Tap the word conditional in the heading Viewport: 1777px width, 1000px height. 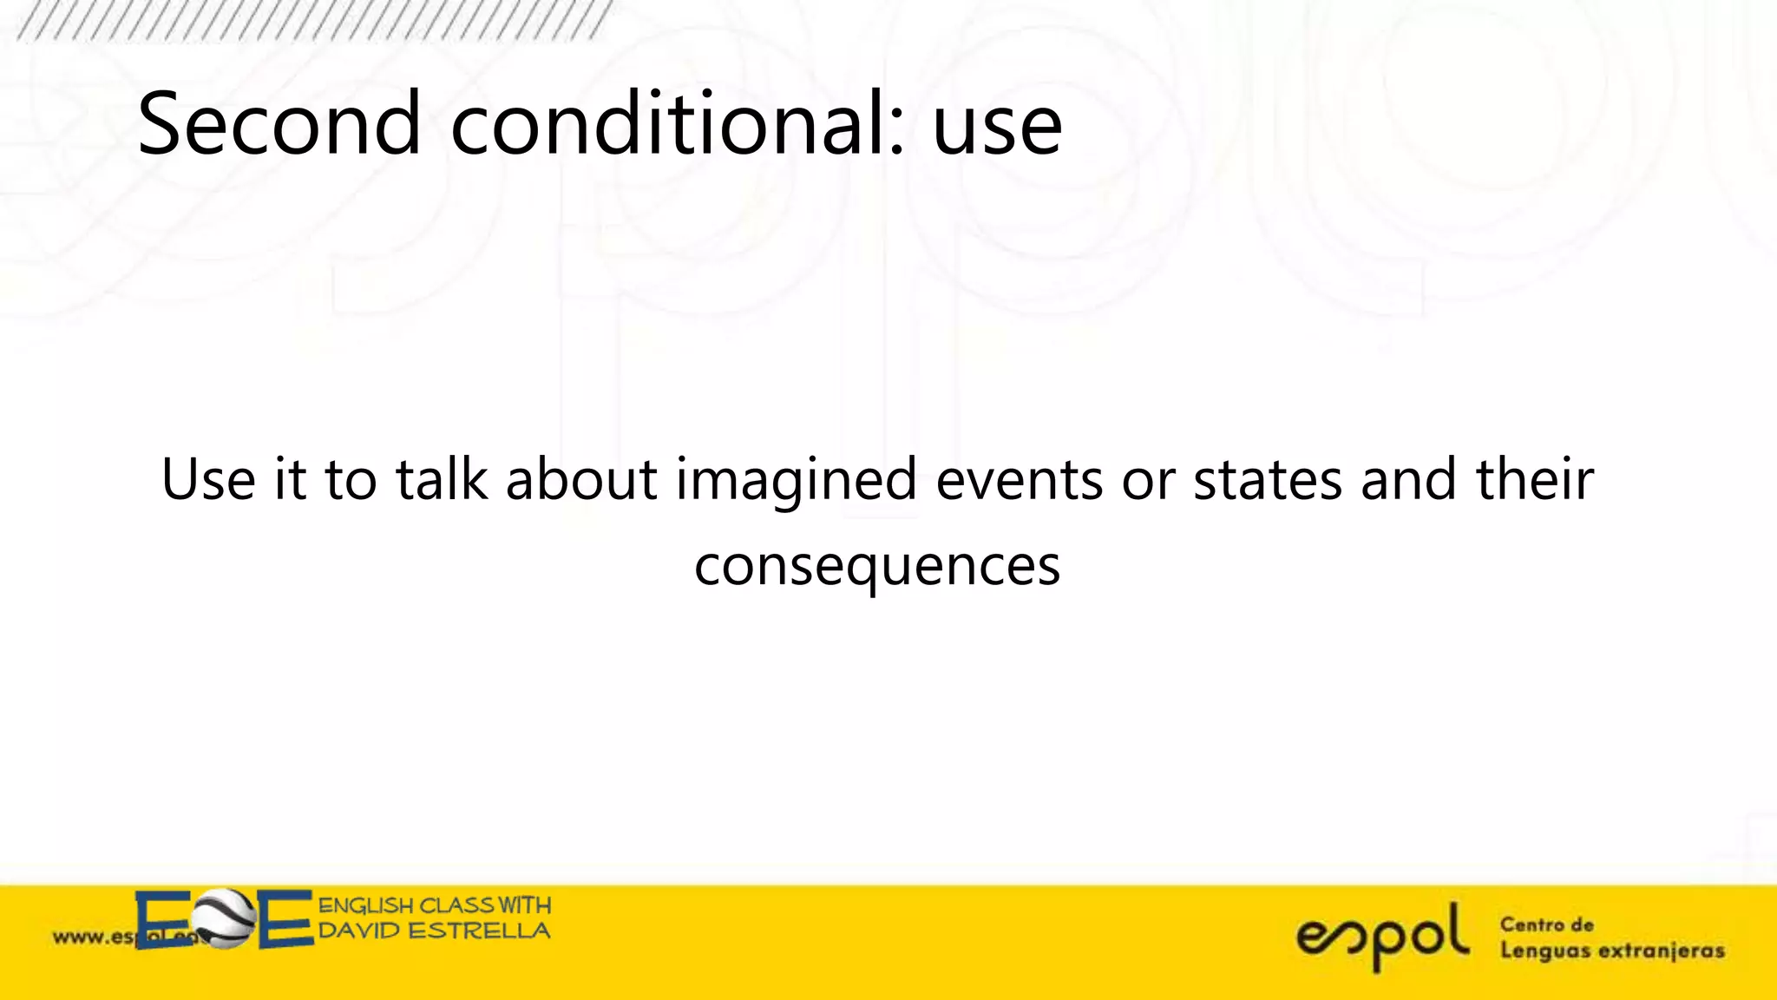click(668, 124)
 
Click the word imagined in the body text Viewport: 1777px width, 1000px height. click(796, 480)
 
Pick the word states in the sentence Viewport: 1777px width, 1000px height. click(1268, 480)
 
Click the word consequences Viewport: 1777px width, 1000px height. click(877, 567)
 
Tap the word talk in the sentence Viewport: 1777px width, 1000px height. click(442, 480)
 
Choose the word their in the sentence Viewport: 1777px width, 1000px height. click(1535, 480)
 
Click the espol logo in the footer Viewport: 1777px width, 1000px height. click(1382, 937)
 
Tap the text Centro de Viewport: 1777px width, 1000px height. click(1547, 925)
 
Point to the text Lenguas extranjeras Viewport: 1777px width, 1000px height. click(1612, 951)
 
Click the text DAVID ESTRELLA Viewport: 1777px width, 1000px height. click(434, 931)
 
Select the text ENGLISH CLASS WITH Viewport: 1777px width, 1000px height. click(434, 905)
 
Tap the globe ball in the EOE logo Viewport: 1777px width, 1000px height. click(225, 919)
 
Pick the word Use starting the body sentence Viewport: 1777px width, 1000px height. click(208, 480)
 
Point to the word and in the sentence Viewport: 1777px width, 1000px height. click(1408, 480)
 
